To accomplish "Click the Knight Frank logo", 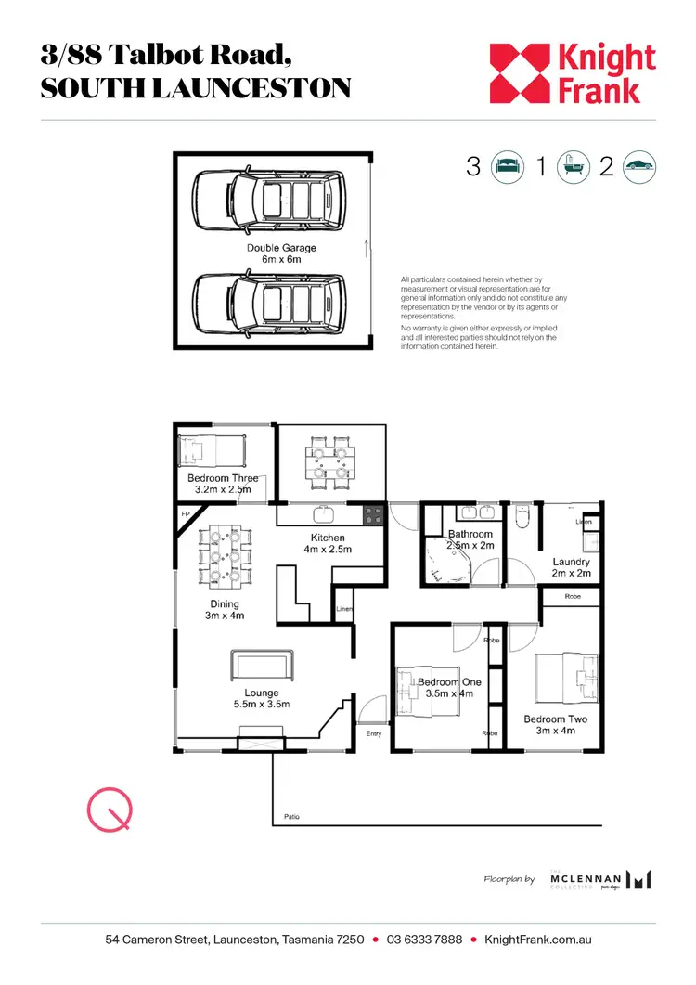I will (x=573, y=73).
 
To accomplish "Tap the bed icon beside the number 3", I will (x=506, y=167).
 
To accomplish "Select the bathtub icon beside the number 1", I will (x=572, y=167).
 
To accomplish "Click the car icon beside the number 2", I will (x=639, y=167).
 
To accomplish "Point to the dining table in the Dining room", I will (x=223, y=557).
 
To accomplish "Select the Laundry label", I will (x=571, y=567).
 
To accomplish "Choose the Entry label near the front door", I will (x=373, y=733).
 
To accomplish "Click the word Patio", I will (x=290, y=818).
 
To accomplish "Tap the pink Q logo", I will (x=110, y=810).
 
